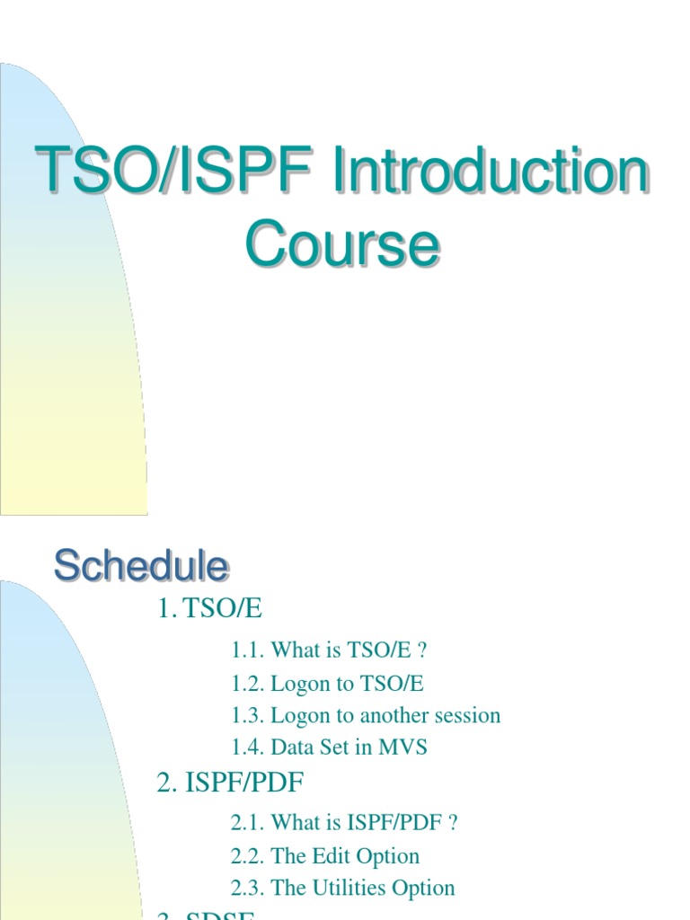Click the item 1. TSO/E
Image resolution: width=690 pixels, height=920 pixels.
209,608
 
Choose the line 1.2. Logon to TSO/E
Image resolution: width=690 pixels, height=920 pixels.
327,683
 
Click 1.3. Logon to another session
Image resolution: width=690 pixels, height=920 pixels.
365,715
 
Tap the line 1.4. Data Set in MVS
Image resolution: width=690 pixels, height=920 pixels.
329,747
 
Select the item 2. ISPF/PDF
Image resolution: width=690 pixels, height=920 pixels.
230,783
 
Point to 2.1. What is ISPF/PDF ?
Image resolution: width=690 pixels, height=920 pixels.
344,822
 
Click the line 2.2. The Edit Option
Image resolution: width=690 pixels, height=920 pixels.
324,855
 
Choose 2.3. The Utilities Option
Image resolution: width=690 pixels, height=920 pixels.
342,888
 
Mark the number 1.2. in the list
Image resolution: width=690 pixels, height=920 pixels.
247,683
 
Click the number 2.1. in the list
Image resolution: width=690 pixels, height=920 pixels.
247,822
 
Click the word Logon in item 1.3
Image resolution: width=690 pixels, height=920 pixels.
300,715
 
